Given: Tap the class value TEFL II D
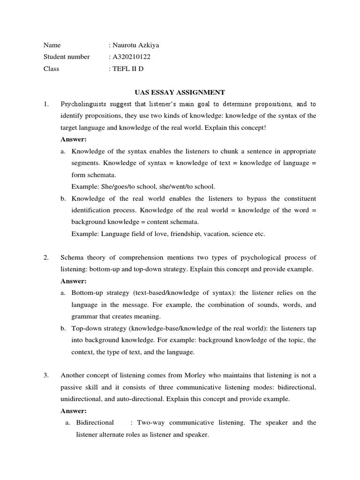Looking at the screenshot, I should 127,68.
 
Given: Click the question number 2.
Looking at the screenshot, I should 45,257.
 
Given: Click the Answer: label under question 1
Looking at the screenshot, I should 74,139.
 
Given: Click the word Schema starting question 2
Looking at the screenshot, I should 71,257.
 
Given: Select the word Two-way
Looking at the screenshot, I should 149,422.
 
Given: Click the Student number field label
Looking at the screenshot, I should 67,57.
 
